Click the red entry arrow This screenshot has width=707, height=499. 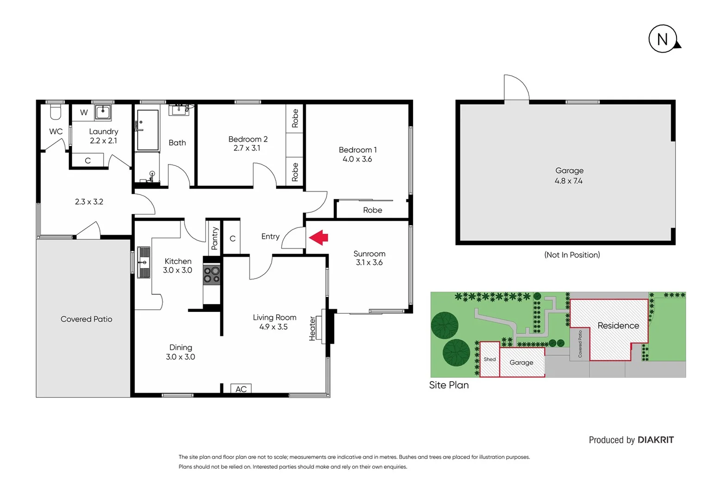click(318, 237)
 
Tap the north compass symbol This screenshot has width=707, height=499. click(663, 39)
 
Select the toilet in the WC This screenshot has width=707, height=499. click(56, 112)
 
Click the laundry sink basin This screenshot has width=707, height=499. click(103, 112)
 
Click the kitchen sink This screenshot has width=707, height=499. click(144, 262)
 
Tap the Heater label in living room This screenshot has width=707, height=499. click(313, 329)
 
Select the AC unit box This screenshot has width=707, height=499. click(241, 389)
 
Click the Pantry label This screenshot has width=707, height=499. click(215, 238)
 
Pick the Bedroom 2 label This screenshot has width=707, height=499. click(248, 139)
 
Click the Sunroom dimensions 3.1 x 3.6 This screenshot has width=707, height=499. click(369, 262)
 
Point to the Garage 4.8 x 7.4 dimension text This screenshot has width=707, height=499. click(569, 181)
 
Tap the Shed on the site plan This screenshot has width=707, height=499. click(490, 359)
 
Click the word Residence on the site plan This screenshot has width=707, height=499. click(618, 326)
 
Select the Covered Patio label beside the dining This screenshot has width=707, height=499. click(87, 319)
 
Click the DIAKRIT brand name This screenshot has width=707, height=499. click(656, 440)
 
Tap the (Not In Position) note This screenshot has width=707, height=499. click(572, 255)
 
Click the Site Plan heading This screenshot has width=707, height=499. click(449, 385)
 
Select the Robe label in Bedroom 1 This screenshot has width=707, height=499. click(372, 210)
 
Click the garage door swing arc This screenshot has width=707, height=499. click(517, 86)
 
